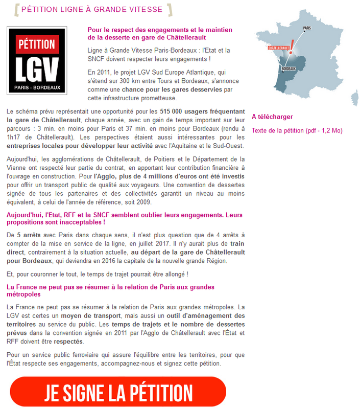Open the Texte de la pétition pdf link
click(x=297, y=130)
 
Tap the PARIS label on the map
click(x=307, y=29)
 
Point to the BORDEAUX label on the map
click(x=288, y=68)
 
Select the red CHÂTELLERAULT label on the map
click(x=279, y=48)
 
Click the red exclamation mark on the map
click(x=292, y=44)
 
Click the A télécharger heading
click(x=272, y=117)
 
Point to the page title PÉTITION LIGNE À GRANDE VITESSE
click(x=92, y=10)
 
